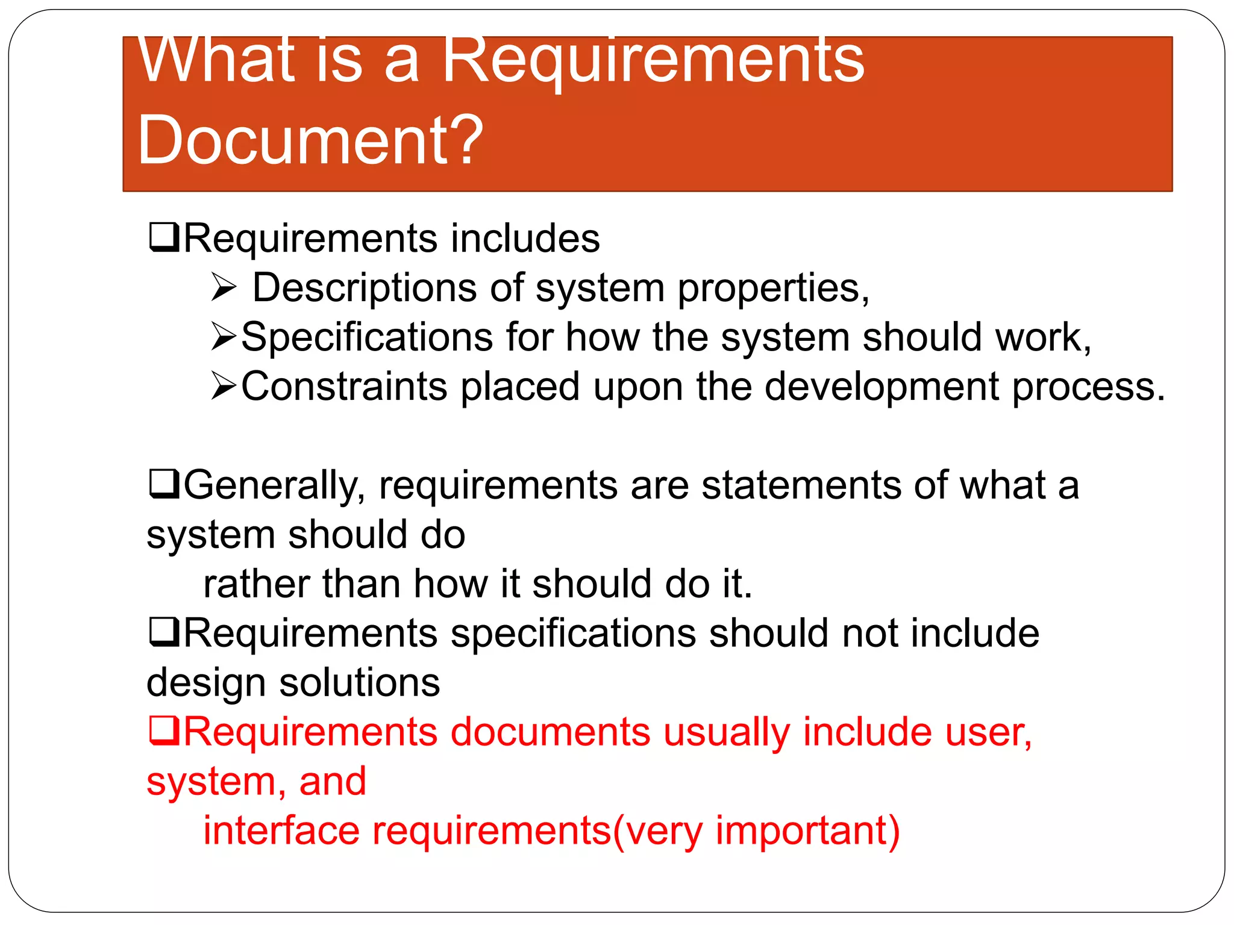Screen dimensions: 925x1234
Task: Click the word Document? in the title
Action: pyautogui.click(x=310, y=140)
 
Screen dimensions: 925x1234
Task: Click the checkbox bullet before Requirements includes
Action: pyautogui.click(x=163, y=238)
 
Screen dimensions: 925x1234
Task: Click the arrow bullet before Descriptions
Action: pyautogui.click(x=224, y=288)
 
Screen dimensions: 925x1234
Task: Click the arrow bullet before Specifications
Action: pyautogui.click(x=224, y=337)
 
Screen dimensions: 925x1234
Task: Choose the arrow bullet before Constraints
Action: pyautogui.click(x=224, y=386)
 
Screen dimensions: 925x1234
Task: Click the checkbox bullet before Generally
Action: pyautogui.click(x=163, y=485)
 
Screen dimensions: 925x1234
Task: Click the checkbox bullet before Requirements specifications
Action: pyautogui.click(x=163, y=633)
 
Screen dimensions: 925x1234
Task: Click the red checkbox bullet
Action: pyautogui.click(x=163, y=732)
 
